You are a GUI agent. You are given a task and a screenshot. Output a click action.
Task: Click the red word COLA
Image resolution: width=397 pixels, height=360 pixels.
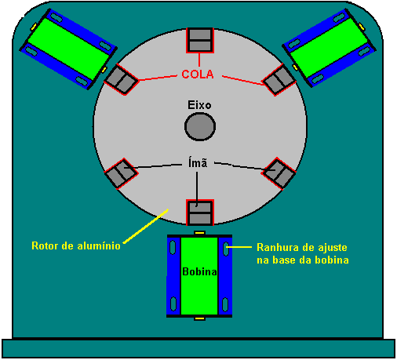[198, 75]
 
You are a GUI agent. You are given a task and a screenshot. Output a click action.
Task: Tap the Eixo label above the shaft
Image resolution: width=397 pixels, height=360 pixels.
[199, 105]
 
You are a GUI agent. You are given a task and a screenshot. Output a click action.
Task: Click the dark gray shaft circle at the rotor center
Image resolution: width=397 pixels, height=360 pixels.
[200, 127]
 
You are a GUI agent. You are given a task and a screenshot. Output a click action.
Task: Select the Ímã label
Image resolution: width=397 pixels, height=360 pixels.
[198, 162]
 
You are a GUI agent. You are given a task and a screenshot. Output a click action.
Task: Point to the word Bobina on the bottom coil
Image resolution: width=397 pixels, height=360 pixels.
[199, 271]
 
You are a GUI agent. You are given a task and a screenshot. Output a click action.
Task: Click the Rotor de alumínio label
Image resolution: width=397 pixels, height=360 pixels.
[76, 245]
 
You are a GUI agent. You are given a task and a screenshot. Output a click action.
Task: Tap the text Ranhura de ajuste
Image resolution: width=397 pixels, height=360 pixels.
[302, 247]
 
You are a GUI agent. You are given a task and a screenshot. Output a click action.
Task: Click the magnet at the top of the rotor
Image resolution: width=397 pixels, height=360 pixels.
[200, 40]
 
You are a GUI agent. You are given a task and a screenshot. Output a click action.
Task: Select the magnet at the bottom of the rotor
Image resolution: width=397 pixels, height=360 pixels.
[200, 213]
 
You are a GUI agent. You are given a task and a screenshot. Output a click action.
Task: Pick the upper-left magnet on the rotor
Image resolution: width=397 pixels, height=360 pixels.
[121, 79]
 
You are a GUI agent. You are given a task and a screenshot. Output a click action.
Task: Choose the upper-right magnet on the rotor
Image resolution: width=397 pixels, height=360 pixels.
[279, 80]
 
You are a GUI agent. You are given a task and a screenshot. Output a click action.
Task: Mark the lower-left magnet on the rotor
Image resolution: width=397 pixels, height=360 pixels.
[121, 173]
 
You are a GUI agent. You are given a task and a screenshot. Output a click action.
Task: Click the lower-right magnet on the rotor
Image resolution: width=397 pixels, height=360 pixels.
[279, 173]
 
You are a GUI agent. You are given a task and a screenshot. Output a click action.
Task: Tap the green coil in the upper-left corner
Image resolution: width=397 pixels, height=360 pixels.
[68, 49]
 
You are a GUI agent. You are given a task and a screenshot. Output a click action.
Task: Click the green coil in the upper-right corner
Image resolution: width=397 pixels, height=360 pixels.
[329, 48]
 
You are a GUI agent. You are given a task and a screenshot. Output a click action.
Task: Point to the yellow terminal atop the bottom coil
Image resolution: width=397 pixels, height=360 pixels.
[199, 233]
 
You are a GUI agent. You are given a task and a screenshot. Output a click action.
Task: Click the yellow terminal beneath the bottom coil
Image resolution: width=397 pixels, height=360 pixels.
[199, 318]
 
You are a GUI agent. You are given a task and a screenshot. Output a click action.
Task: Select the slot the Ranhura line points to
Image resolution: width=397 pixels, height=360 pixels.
[225, 249]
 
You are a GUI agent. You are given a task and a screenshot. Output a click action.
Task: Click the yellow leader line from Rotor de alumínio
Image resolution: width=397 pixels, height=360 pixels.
[145, 226]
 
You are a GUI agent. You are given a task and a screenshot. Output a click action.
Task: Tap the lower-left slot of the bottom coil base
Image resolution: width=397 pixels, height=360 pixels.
[173, 304]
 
